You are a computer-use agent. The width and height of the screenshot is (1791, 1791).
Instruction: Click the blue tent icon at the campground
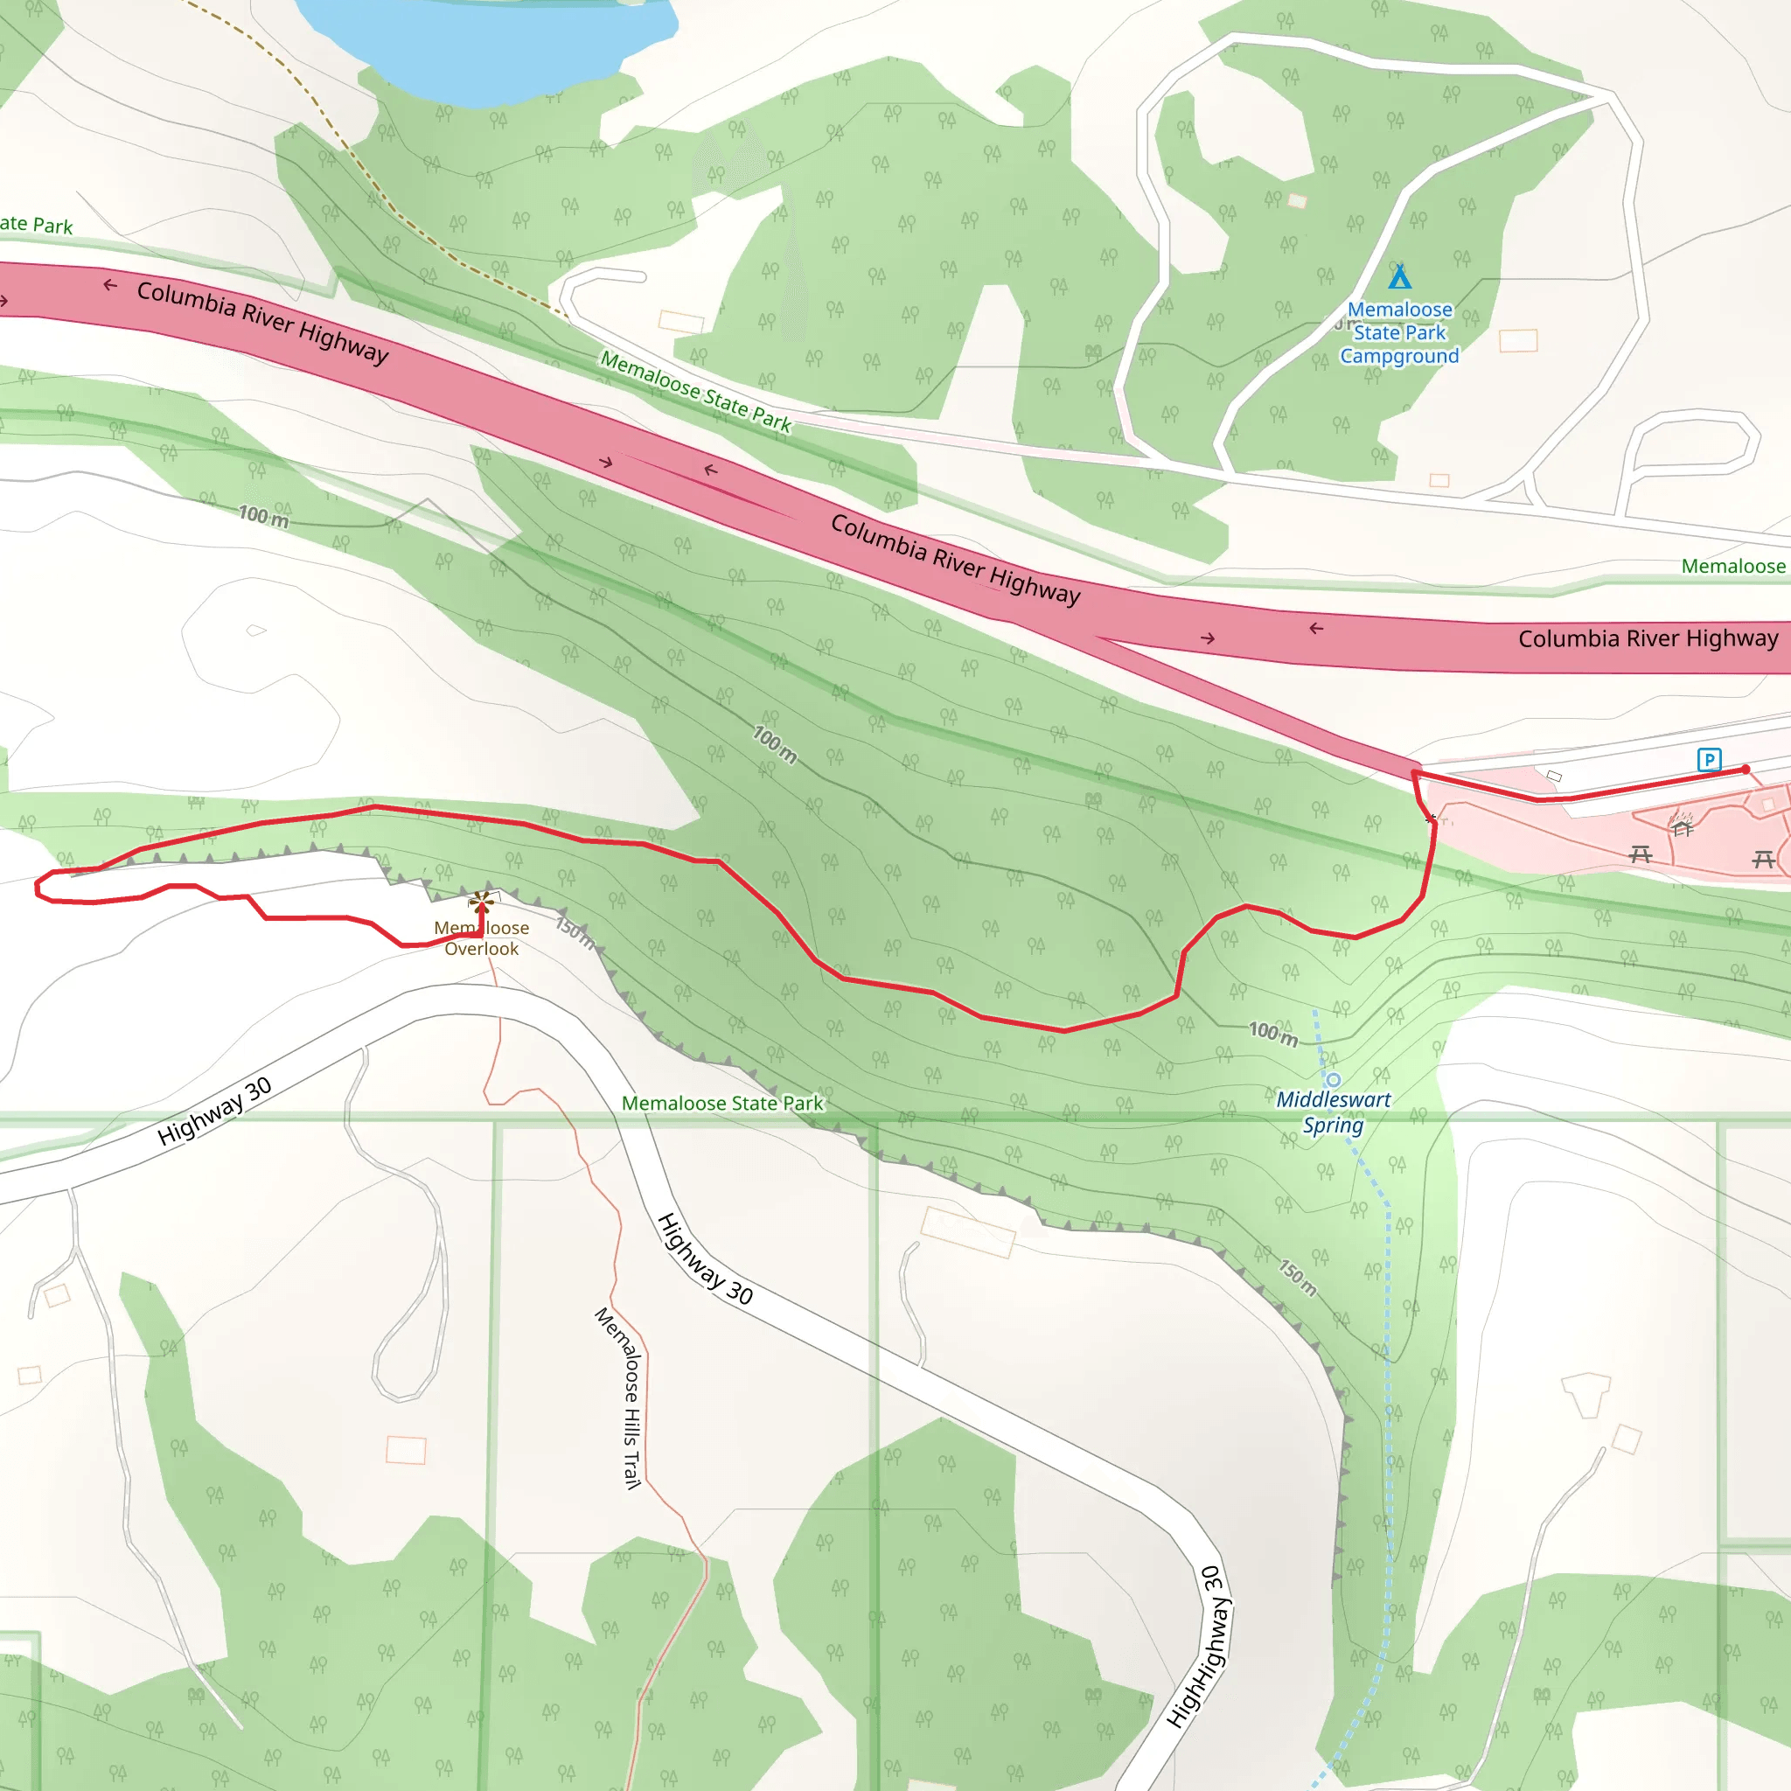[x=1400, y=276]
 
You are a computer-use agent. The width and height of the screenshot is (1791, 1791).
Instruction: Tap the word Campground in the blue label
[x=1400, y=356]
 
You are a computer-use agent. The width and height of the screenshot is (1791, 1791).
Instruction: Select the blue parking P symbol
[x=1710, y=760]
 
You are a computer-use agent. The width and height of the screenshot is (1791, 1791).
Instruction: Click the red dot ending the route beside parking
[x=1746, y=770]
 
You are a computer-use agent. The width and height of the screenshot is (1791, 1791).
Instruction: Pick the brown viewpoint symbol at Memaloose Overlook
[x=481, y=900]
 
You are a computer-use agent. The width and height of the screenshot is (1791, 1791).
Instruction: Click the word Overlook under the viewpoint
[x=481, y=948]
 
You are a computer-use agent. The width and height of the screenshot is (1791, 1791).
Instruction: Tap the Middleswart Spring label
[x=1333, y=1112]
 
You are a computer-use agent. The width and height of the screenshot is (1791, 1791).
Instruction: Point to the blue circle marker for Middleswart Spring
[x=1333, y=1080]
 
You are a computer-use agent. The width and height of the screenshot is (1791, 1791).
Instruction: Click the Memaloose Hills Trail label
[x=619, y=1398]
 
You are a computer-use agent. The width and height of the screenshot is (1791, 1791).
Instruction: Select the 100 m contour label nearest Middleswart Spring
[x=1272, y=1034]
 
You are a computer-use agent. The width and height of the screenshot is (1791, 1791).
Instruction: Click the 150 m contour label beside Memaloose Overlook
[x=575, y=930]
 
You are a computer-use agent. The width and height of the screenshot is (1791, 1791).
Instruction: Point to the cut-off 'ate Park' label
[x=35, y=225]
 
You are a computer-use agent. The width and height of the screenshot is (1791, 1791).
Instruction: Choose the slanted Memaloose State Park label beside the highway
[x=695, y=391]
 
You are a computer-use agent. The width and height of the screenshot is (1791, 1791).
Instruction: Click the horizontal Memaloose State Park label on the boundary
[x=722, y=1103]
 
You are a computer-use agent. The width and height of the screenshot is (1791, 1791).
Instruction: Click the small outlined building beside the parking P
[x=1555, y=776]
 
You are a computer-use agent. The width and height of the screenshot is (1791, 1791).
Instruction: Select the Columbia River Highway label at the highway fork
[x=955, y=559]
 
